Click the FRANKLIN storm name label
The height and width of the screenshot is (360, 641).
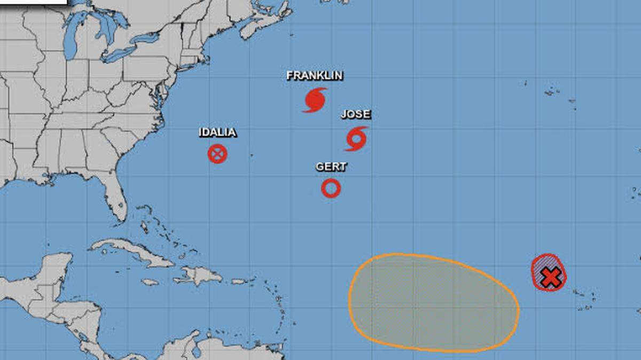click(x=314, y=76)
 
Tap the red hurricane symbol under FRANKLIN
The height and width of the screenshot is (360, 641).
click(x=315, y=100)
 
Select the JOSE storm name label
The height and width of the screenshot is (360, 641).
click(x=356, y=115)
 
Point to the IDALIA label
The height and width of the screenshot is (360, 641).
click(x=217, y=132)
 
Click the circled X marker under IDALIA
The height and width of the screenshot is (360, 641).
click(x=217, y=154)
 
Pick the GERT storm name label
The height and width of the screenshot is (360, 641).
click(x=331, y=167)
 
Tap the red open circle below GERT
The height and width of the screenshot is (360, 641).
click(x=331, y=188)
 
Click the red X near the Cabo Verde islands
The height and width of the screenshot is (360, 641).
click(x=550, y=277)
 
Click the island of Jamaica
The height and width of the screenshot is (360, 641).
click(x=150, y=282)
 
